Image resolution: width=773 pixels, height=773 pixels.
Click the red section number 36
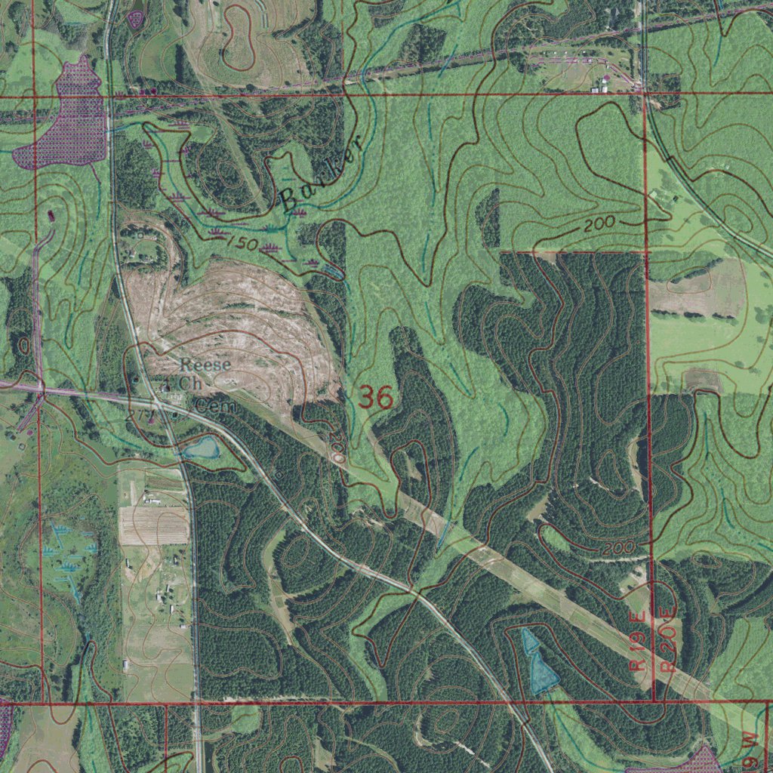tap(376, 397)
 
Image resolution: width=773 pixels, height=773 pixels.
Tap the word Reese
tap(205, 365)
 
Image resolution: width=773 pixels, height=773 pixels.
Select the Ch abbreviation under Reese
tap(192, 383)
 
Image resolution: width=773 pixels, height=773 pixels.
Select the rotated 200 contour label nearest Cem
tap(337, 450)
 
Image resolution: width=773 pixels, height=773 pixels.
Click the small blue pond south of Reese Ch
tap(201, 448)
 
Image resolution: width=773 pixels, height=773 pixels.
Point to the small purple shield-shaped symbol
tap(135, 18)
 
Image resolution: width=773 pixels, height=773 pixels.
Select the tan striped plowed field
tap(153, 525)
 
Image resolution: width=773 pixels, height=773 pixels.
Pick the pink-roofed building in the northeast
tap(605, 79)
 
